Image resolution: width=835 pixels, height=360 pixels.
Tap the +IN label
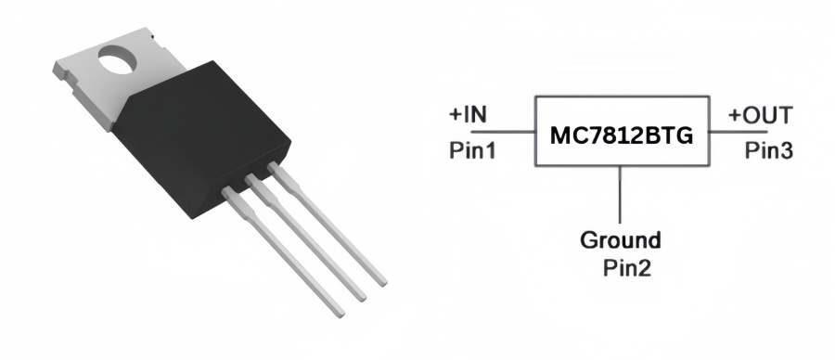tap(469, 116)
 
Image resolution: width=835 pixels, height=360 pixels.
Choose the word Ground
tap(620, 241)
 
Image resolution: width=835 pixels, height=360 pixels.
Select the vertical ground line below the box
tap(620, 195)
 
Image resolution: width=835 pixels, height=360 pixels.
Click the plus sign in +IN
tap(456, 116)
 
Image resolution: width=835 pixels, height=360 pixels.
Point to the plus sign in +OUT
tap(735, 116)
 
